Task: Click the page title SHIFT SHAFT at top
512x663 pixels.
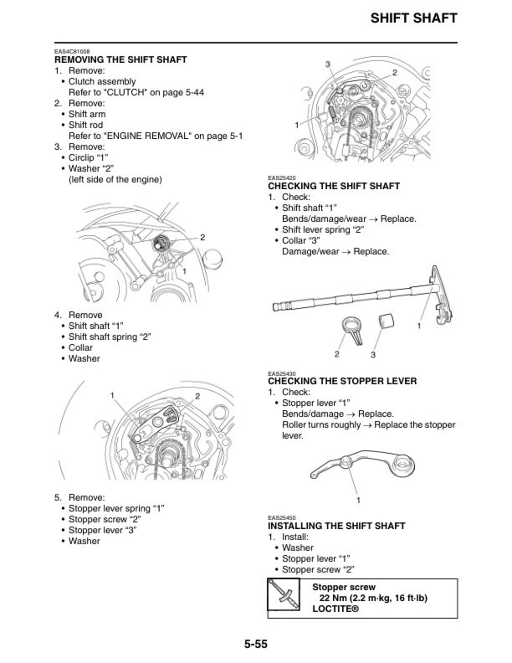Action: click(x=413, y=18)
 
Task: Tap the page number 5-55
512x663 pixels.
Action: click(x=256, y=644)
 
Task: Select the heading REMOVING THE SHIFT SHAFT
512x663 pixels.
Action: click(x=121, y=60)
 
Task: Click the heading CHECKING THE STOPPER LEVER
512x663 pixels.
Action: click(x=342, y=381)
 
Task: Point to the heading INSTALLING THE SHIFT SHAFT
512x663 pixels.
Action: click(x=336, y=526)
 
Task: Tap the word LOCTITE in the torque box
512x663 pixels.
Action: click(x=335, y=609)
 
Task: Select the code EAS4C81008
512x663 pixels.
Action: click(x=72, y=52)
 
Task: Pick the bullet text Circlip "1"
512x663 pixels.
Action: click(x=88, y=158)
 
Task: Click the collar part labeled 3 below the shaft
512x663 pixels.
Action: click(x=386, y=321)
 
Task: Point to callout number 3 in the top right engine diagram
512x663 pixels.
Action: click(x=328, y=64)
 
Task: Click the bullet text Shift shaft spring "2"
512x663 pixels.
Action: click(x=110, y=337)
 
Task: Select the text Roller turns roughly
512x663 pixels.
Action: click(x=321, y=425)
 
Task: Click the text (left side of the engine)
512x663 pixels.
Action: click(x=115, y=179)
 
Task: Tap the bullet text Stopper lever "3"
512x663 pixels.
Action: click(x=102, y=530)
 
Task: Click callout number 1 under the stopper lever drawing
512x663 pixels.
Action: click(x=358, y=500)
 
